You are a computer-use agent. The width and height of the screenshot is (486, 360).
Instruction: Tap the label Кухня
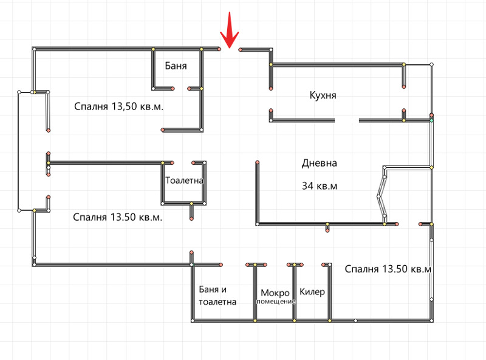323,95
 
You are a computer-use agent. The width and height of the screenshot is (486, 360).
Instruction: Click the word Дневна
320,163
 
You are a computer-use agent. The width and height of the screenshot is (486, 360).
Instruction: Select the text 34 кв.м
320,186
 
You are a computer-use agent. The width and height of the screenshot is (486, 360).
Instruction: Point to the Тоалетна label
184,181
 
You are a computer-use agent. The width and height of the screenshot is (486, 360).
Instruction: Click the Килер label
312,292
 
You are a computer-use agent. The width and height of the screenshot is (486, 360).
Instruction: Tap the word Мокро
275,292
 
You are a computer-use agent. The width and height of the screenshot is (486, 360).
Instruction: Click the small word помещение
276,302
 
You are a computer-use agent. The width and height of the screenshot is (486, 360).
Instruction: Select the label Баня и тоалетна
217,296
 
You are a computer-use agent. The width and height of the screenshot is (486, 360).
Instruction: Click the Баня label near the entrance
176,66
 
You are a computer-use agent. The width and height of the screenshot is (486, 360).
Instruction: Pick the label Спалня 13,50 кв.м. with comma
118,106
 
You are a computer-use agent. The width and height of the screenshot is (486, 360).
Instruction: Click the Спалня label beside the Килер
388,269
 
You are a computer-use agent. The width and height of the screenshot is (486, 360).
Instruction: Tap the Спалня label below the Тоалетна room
117,217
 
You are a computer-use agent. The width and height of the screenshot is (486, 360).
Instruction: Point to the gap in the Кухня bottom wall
347,120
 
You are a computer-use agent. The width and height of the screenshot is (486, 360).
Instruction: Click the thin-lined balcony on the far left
19,151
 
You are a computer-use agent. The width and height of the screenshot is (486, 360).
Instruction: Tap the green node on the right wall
431,120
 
